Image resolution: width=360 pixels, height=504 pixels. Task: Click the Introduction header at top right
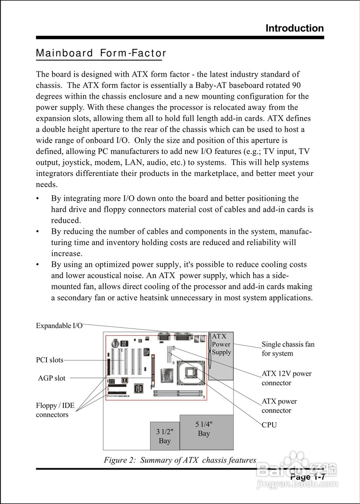pos(295,28)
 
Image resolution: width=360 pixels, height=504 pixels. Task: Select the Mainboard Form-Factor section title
pos(101,53)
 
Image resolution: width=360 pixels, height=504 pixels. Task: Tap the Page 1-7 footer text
pos(307,477)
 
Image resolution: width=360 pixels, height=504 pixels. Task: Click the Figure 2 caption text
pos(180,460)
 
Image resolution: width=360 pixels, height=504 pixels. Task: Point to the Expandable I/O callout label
pos(59,326)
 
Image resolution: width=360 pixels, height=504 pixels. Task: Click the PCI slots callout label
pos(49,360)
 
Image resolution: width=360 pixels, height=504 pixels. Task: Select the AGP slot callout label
pos(52,378)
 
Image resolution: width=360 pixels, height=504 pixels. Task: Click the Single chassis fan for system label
pos(288,349)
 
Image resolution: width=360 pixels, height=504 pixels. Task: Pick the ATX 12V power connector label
pos(286,378)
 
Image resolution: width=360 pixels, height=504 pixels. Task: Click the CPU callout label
pos(269,425)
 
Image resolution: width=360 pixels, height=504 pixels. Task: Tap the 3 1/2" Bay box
pos(165,436)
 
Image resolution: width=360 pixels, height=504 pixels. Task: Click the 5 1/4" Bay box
pos(206,432)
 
